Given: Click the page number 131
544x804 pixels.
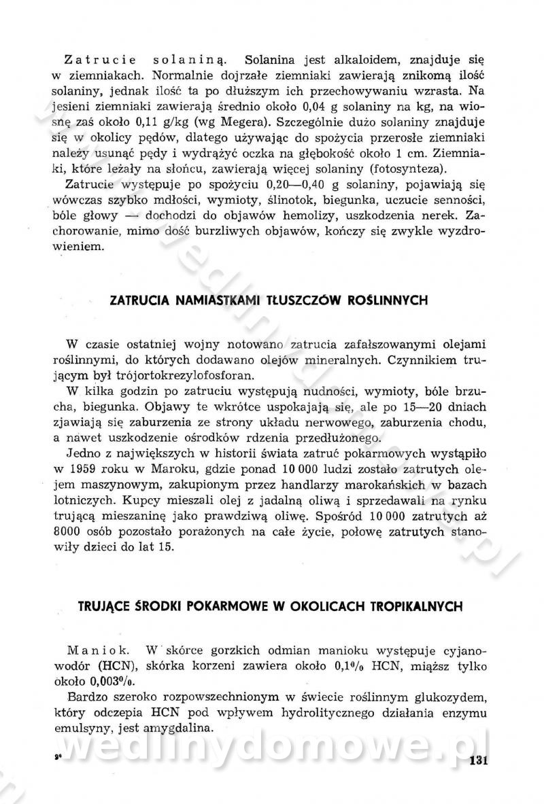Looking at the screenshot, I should click(x=479, y=759).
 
